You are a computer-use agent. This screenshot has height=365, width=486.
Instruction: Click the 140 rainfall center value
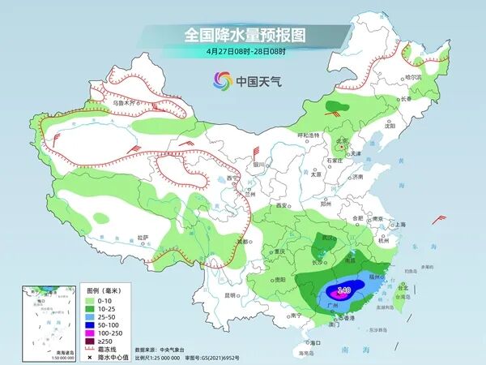[x=343, y=288]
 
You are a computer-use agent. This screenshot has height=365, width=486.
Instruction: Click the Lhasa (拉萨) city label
[x=143, y=237]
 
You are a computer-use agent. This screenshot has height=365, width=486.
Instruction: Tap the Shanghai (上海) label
[x=399, y=224]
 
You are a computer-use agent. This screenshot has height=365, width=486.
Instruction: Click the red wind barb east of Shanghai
[x=439, y=218]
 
